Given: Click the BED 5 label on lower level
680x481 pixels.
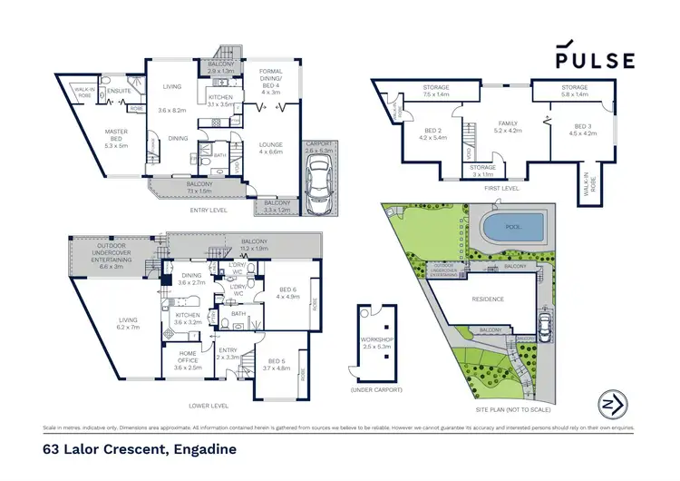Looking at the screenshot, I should pos(274,363).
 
